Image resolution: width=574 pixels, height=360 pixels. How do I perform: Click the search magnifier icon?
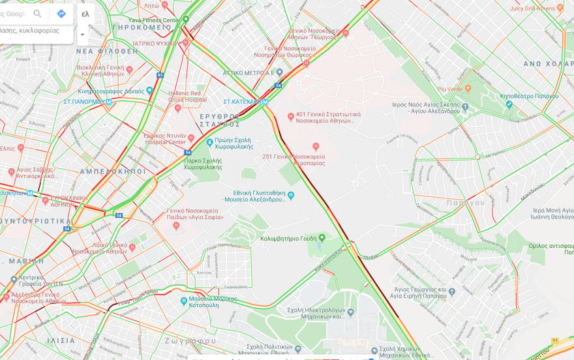tap(38, 14)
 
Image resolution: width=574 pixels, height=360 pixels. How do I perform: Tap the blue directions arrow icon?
tap(61, 14)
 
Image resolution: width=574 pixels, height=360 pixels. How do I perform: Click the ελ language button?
tap(85, 14)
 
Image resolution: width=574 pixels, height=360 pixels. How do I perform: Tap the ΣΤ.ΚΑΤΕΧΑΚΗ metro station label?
tap(245, 102)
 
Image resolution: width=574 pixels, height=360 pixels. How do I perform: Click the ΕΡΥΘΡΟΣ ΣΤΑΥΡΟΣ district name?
tap(220, 120)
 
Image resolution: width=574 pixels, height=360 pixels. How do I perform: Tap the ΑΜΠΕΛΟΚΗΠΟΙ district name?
tap(113, 171)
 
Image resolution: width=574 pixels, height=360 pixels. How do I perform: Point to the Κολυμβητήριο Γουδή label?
tap(288, 239)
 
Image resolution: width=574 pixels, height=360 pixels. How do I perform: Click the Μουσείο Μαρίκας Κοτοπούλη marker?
tap(184, 301)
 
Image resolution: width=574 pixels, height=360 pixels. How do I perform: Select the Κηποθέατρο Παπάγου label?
tap(529, 96)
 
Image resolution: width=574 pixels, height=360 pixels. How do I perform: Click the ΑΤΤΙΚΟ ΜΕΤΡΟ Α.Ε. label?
tap(249, 73)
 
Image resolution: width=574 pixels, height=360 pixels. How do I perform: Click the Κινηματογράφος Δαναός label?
tap(111, 91)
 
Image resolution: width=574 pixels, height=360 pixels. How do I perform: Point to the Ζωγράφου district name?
tap(190, 340)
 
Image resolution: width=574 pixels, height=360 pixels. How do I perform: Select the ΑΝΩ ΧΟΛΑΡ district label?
tap(548, 64)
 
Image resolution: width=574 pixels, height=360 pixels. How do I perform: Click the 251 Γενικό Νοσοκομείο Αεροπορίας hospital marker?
tap(316, 147)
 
